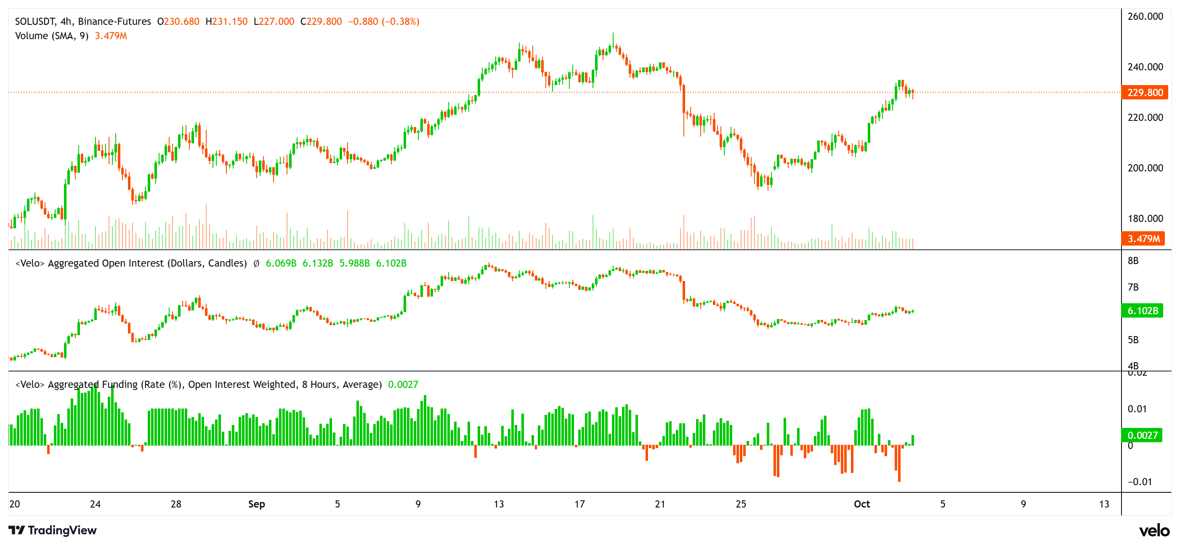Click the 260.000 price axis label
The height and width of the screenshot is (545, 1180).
tap(1145, 16)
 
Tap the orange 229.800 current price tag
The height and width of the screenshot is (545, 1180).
tap(1144, 93)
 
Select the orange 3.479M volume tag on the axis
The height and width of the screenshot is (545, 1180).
tap(1143, 239)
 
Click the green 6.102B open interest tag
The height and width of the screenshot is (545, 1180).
tap(1142, 311)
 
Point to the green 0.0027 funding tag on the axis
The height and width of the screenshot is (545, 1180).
tap(1142, 435)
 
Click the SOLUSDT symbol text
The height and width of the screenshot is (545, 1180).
tap(35, 21)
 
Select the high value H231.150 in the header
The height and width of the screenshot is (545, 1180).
tap(226, 21)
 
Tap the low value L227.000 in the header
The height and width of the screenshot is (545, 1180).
tap(274, 21)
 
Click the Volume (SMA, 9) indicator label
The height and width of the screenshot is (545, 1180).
tap(52, 36)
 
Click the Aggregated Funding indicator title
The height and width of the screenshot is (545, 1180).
tap(198, 384)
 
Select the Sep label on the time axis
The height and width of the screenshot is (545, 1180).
tap(257, 504)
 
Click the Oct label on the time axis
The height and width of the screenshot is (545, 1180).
tap(861, 504)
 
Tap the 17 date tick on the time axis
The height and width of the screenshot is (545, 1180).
tap(579, 504)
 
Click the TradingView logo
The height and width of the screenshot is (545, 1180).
tap(53, 530)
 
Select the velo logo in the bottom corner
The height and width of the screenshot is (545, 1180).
tap(1154, 530)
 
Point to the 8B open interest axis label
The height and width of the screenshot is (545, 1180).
tap(1133, 261)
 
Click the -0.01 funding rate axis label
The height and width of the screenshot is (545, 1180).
tap(1139, 482)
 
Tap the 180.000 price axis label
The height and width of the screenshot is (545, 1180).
tap(1145, 219)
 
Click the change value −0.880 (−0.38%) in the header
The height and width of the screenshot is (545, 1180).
tap(383, 21)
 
